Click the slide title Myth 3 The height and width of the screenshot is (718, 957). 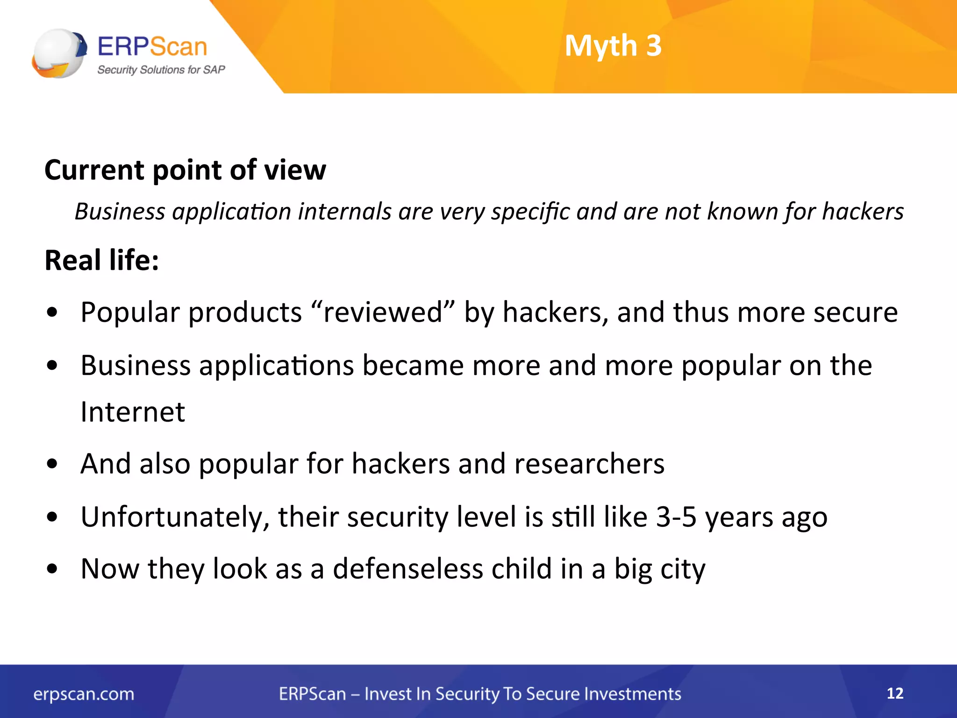coord(613,46)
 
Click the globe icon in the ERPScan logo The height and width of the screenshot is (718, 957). coord(59,53)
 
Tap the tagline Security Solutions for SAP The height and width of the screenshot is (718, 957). coord(161,70)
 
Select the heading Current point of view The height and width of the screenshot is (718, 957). coord(185,170)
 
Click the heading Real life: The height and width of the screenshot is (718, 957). coord(102,260)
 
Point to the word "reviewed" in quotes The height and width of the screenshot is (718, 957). coord(382,312)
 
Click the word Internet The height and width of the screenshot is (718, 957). coord(133,412)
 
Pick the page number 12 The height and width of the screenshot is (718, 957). coord(895,693)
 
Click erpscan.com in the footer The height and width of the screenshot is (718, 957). coord(84,694)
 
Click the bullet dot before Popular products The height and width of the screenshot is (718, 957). coord(52,312)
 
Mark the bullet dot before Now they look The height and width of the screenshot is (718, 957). coord(52,569)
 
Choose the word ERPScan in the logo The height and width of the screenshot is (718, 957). coord(152,47)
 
